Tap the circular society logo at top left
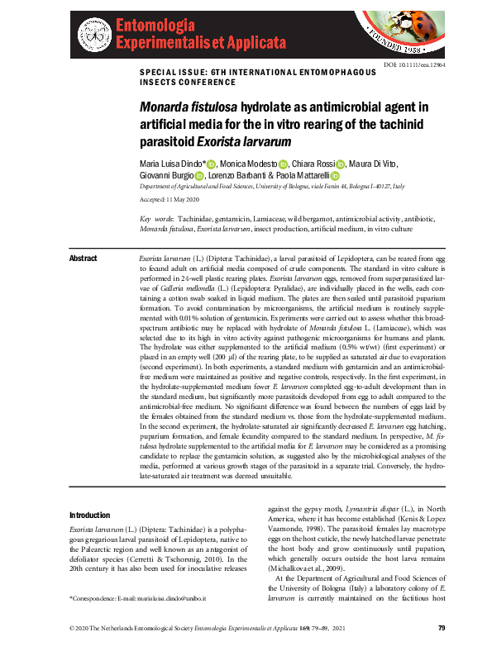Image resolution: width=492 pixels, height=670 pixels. [x=93, y=32]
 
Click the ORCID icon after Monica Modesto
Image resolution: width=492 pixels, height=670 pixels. [x=284, y=164]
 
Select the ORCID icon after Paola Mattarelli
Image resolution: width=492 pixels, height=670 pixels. [x=335, y=176]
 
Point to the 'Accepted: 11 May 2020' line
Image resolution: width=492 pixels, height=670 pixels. [x=169, y=201]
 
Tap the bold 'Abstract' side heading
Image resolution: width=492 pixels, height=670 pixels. [x=84, y=259]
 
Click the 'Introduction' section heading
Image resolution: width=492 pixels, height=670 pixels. [x=93, y=515]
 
